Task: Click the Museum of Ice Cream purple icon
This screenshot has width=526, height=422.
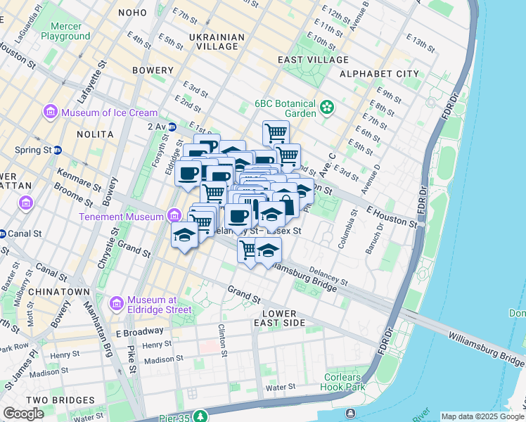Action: (x=51, y=112)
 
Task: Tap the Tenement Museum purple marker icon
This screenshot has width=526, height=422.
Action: (x=174, y=216)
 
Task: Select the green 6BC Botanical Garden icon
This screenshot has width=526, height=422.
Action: (x=326, y=108)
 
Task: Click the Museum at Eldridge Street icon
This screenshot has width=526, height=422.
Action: (x=117, y=303)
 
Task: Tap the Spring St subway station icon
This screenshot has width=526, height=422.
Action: (x=58, y=150)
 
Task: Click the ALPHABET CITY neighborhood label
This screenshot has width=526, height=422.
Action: (x=379, y=74)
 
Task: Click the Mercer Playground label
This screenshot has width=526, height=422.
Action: (x=65, y=31)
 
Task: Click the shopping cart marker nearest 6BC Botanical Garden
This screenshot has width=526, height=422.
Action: (x=276, y=132)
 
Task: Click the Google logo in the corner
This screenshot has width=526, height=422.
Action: (x=23, y=414)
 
